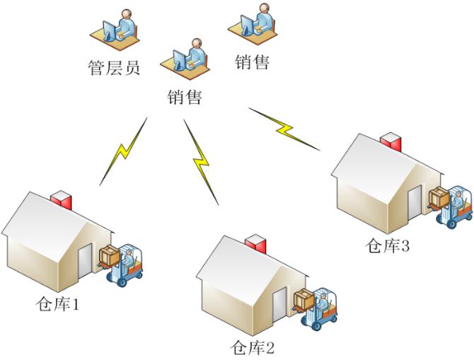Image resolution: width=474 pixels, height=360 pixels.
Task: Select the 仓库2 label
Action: tap(253, 347)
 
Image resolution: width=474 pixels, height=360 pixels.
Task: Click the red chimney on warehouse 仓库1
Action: tap(62, 199)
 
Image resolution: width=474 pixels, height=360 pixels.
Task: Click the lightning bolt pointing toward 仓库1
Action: tap(124, 151)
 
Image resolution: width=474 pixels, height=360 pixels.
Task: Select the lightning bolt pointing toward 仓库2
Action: tap(202, 163)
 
